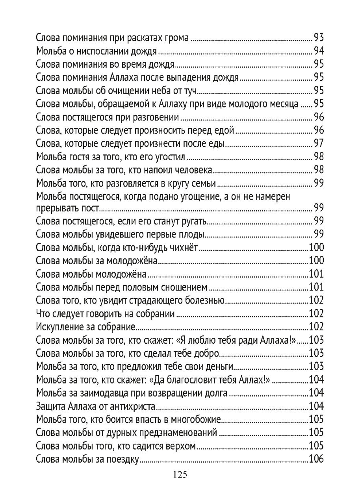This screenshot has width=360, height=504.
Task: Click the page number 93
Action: click(318, 38)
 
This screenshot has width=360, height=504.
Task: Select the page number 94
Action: click(318, 52)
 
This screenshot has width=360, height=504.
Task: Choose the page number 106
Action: click(316, 459)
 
